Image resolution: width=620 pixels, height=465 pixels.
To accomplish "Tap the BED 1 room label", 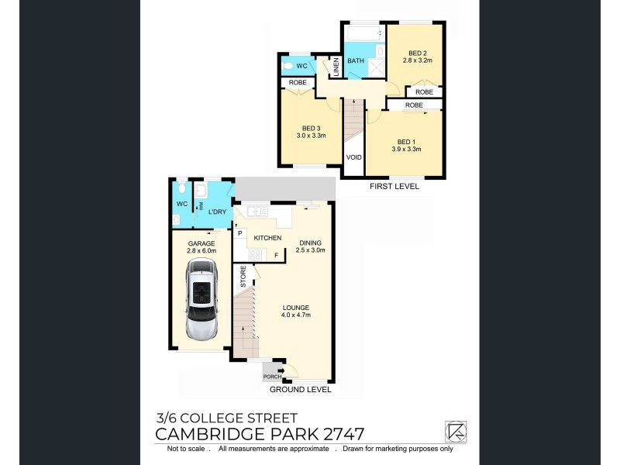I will pyautogui.click(x=405, y=145).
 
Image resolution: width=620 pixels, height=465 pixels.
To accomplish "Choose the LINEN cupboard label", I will pyautogui.click(x=336, y=67).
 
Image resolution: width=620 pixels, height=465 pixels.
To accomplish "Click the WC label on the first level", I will pyautogui.click(x=301, y=66).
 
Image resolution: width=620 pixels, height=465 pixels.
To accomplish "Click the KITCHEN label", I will pyautogui.click(x=267, y=238).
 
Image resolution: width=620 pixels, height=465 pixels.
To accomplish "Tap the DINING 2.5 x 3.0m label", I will pyautogui.click(x=311, y=246).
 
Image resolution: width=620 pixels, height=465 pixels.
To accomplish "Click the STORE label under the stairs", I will pyautogui.click(x=243, y=277).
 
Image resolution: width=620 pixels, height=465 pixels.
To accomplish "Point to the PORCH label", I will pyautogui.click(x=272, y=377).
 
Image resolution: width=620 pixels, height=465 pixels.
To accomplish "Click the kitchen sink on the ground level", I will pyautogui.click(x=257, y=210).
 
